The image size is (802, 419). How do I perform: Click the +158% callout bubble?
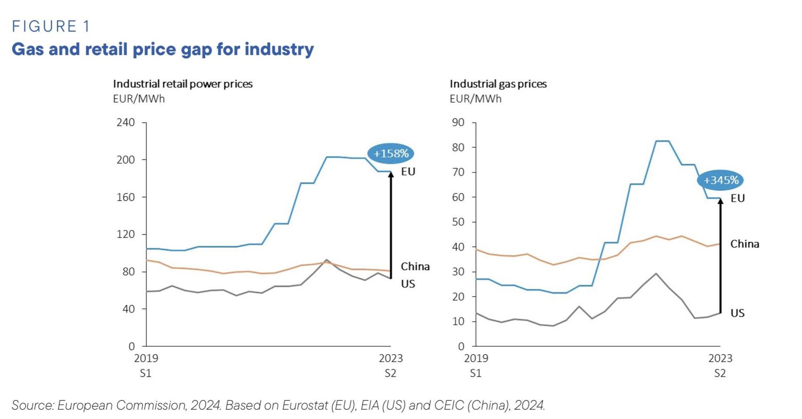click(x=391, y=153)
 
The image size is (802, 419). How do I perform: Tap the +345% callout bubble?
click(x=721, y=180)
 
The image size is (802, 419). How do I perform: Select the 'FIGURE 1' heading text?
click(x=51, y=26)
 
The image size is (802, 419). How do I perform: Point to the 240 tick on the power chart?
click(x=126, y=122)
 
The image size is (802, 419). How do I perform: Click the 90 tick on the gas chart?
click(x=458, y=122)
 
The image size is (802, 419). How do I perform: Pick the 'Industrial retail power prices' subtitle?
click(x=182, y=84)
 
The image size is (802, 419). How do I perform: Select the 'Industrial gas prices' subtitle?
click(x=498, y=84)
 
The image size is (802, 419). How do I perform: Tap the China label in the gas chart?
click(x=744, y=244)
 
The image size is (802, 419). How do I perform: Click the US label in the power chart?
click(x=408, y=284)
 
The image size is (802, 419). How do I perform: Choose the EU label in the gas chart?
click(x=737, y=198)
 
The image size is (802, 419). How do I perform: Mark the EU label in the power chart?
click(x=408, y=172)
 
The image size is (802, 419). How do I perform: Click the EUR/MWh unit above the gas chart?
click(x=475, y=99)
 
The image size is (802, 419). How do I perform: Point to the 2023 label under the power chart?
click(x=391, y=358)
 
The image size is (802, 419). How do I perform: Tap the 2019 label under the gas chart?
click(x=476, y=358)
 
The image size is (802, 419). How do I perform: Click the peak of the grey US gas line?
click(x=656, y=273)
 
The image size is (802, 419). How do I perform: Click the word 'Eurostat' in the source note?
click(x=305, y=405)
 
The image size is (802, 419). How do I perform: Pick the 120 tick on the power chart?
click(x=126, y=234)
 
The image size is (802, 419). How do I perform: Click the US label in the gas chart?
click(x=737, y=313)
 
